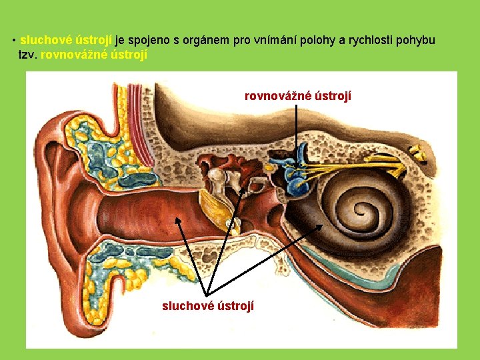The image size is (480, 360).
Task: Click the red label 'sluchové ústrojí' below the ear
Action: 207,306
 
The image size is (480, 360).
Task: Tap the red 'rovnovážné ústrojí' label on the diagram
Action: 297,96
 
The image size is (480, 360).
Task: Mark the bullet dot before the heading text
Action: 14,40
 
